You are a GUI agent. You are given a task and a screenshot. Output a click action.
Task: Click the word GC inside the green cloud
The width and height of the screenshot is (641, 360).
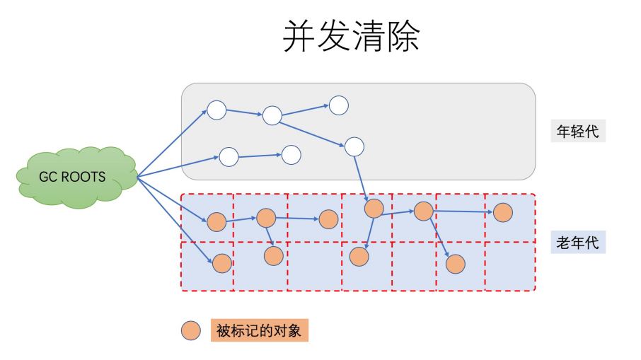click(x=47, y=176)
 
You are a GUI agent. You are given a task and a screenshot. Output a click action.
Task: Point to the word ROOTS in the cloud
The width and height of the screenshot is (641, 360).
click(x=83, y=176)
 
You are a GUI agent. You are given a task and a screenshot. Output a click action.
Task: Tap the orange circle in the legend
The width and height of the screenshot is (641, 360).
click(x=191, y=330)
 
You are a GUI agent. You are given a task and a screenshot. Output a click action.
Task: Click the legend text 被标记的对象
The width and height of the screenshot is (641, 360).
click(x=260, y=330)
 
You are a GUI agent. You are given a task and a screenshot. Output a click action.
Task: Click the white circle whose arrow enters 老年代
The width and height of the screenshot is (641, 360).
click(x=354, y=146)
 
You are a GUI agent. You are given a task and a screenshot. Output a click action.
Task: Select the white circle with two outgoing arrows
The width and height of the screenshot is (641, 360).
click(x=272, y=115)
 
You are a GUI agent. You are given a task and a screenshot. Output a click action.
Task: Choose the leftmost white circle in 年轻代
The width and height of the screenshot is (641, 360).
click(x=216, y=110)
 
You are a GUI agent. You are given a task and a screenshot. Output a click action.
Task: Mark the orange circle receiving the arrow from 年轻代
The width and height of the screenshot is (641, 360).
click(x=374, y=209)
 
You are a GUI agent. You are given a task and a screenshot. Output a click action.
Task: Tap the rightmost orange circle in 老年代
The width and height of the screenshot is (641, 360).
click(x=502, y=211)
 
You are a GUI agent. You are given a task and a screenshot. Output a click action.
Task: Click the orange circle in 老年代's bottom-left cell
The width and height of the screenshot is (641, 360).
click(x=222, y=263)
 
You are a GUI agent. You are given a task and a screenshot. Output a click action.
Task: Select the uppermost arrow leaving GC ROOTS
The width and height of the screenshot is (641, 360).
click(x=172, y=142)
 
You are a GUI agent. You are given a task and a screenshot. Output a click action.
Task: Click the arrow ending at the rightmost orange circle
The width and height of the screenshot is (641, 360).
click(x=463, y=211)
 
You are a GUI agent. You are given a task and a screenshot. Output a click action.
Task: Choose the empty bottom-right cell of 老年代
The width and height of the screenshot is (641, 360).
click(x=509, y=265)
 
